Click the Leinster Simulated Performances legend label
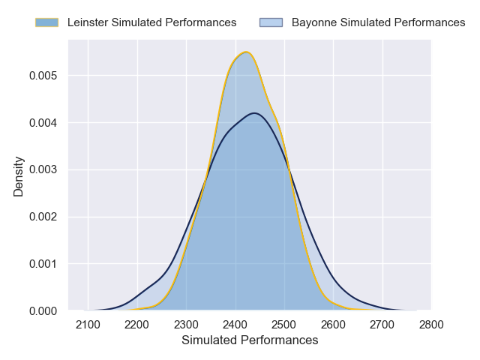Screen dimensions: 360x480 [x=151, y=22]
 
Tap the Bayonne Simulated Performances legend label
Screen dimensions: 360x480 [x=378, y=22]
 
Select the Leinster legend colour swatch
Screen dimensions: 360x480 [x=46, y=22]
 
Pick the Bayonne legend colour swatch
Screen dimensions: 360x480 [x=271, y=22]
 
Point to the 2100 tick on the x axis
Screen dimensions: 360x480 [x=88, y=324]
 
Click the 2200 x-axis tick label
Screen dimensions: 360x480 [x=137, y=324]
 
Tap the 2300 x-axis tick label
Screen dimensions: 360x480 [x=187, y=324]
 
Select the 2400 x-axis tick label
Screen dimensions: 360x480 [x=235, y=324]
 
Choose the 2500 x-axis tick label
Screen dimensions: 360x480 [x=284, y=324]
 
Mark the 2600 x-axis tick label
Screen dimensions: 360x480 [x=334, y=324]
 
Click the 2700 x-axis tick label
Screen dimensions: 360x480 [x=382, y=324]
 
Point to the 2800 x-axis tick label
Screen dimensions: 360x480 [x=431, y=324]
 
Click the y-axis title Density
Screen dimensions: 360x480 [x=19, y=176]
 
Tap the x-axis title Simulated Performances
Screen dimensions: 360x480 [x=250, y=340]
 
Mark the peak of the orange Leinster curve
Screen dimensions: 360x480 [x=245, y=52]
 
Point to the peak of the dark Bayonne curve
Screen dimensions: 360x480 [x=255, y=113]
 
